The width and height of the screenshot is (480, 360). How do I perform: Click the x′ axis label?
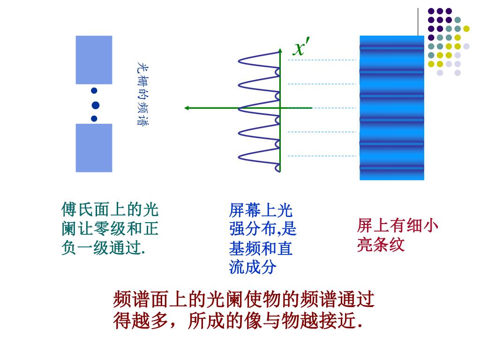pyautogui.click(x=300, y=47)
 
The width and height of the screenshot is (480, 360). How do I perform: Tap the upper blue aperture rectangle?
pyautogui.click(x=94, y=60)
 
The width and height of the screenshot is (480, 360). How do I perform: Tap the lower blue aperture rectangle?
pyautogui.click(x=94, y=148)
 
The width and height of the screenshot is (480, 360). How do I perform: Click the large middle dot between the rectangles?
pyautogui.click(x=96, y=105)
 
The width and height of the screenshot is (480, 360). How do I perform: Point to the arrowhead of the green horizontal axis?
pyautogui.click(x=187, y=108)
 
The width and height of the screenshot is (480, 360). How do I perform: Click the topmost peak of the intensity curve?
pyautogui.click(x=240, y=60)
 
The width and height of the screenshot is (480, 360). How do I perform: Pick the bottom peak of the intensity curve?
pyautogui.click(x=240, y=156)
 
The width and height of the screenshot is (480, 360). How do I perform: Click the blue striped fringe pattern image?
pyautogui.click(x=391, y=108)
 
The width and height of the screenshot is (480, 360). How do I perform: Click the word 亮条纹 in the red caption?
pyautogui.click(x=381, y=245)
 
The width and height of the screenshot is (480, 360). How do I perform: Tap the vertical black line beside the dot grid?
pyautogui.click(x=418, y=22)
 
